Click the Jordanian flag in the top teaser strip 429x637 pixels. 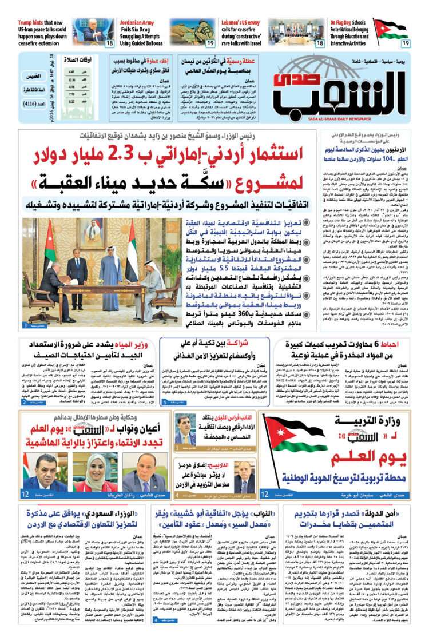pyautogui.click(x=392, y=29)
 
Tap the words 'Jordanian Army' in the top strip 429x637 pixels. pyautogui.click(x=137, y=22)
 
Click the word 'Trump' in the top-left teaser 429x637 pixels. pyautogui.click(x=26, y=22)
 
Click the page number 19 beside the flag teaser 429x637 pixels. pyautogui.click(x=405, y=43)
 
